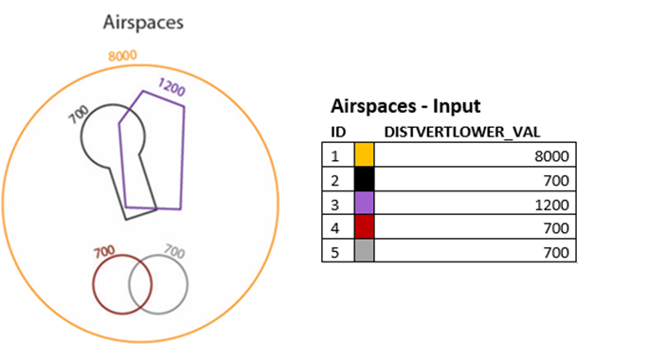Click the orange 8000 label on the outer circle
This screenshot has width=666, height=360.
point(122,56)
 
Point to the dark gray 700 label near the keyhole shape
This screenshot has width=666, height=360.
point(80,114)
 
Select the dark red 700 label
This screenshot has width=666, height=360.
point(104,252)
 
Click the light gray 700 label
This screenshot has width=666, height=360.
point(175,251)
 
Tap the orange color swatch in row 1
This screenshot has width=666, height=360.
point(365,154)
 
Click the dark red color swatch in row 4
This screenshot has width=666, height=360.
point(365,227)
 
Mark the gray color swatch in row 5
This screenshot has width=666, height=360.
point(365,251)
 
